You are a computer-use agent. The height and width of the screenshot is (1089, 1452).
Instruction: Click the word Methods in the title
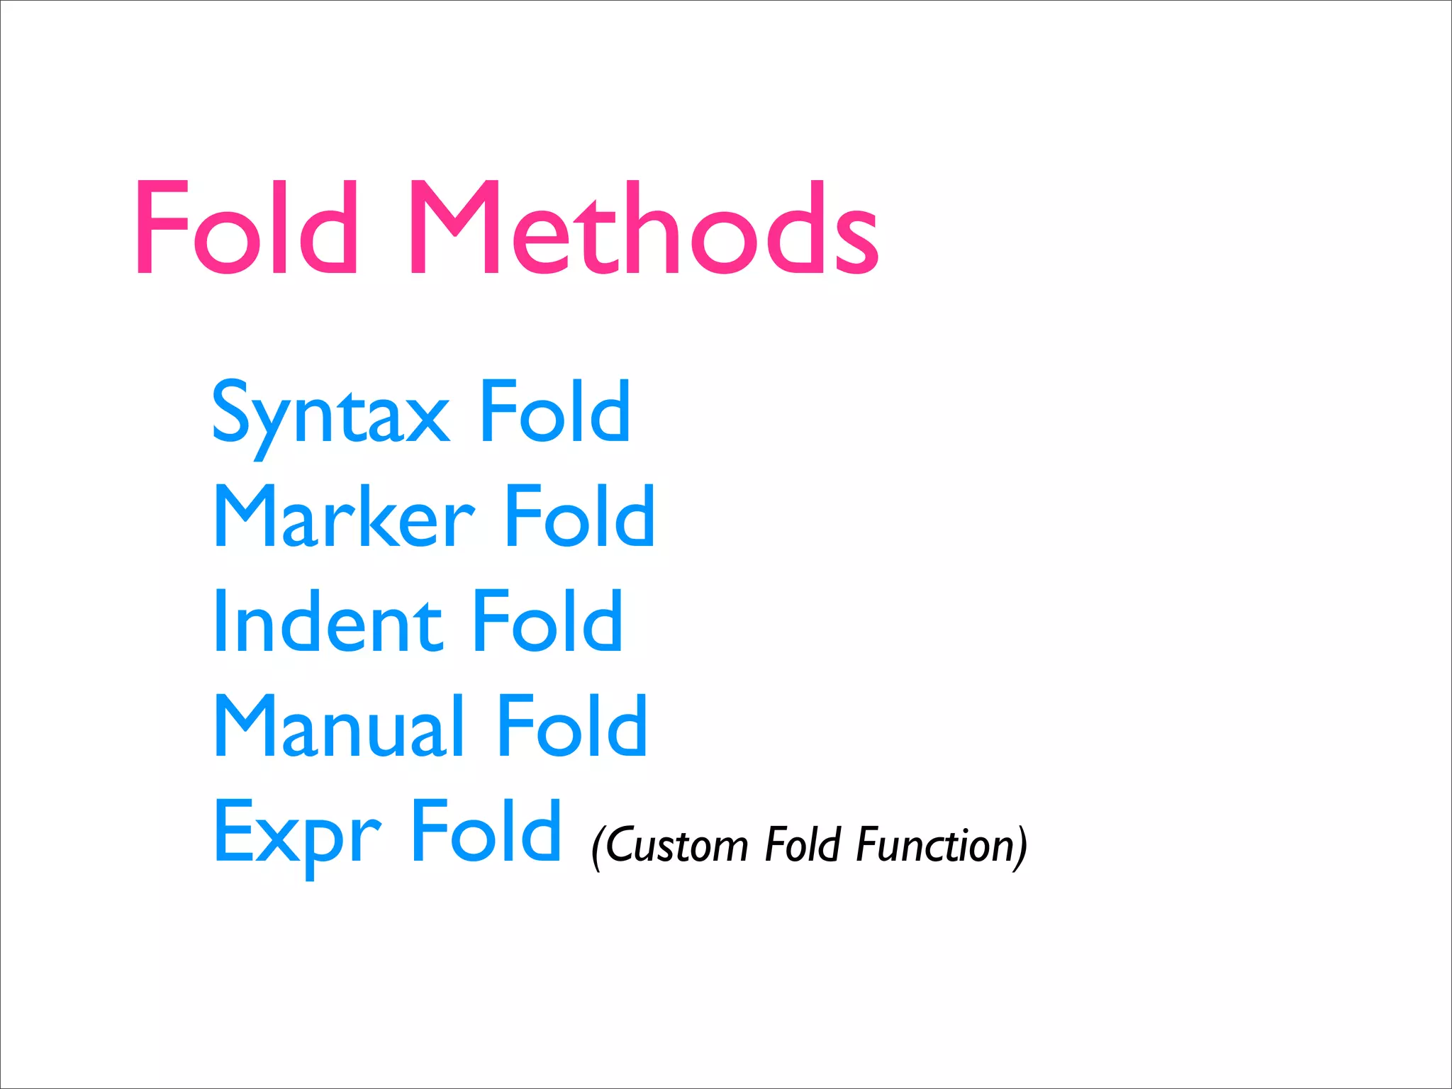coord(644,228)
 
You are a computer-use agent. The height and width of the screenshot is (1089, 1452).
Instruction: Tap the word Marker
coord(345,518)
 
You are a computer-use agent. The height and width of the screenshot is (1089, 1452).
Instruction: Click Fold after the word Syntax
coord(555,411)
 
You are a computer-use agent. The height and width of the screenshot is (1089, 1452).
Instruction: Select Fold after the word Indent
coord(547,621)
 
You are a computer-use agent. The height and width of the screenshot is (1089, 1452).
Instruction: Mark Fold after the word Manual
coord(571,726)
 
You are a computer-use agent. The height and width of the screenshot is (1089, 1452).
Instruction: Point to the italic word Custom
coord(676,845)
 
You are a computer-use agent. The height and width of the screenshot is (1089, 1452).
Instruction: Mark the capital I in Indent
coord(220,621)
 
